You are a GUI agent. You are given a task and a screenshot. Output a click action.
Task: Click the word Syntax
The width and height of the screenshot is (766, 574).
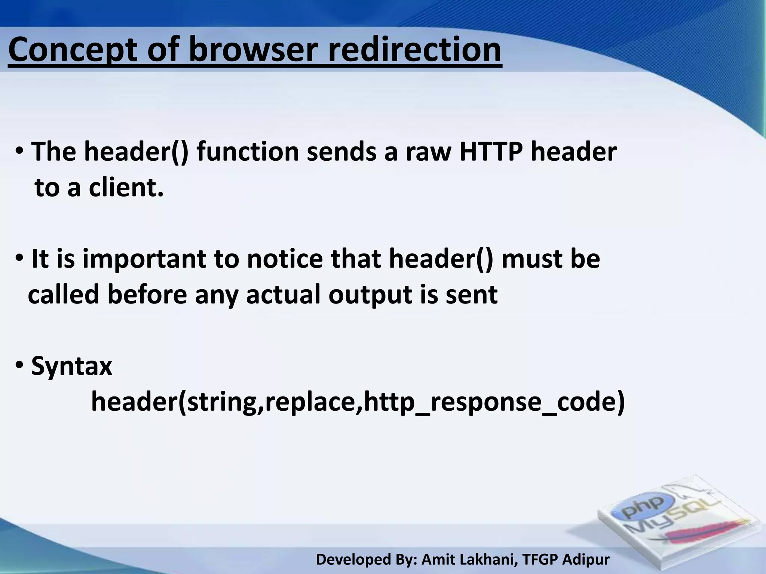tap(71, 366)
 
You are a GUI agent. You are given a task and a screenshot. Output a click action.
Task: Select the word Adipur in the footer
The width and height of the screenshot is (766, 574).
tap(586, 560)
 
